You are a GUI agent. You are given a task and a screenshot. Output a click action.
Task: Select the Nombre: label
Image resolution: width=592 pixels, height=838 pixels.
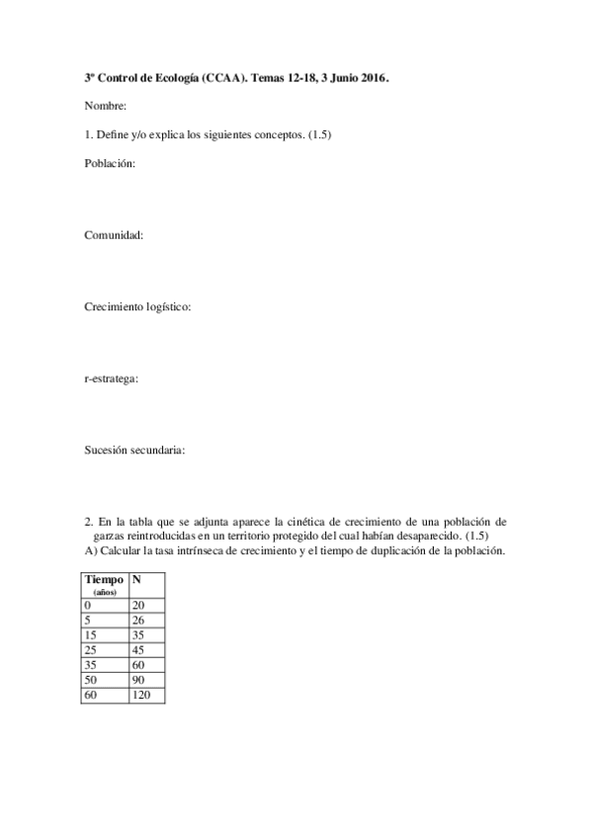click(x=105, y=106)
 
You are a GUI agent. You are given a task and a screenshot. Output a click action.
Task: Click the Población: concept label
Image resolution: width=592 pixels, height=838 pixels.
click(x=110, y=164)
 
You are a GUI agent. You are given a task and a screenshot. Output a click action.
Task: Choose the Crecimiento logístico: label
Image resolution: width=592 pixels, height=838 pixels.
click(x=137, y=307)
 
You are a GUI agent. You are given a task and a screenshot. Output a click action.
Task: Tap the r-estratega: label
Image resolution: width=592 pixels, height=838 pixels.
click(x=112, y=378)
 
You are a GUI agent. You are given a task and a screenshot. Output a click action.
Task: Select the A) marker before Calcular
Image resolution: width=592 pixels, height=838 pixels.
click(x=90, y=550)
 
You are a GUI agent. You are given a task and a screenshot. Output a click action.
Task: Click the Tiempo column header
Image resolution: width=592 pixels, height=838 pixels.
click(x=104, y=580)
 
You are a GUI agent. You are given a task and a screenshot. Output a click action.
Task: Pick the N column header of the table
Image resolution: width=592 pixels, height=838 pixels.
click(x=136, y=580)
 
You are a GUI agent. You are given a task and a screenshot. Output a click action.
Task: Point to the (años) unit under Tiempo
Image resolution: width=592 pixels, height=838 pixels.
click(x=104, y=592)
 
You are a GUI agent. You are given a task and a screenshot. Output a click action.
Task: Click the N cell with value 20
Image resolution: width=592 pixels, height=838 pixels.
click(x=137, y=604)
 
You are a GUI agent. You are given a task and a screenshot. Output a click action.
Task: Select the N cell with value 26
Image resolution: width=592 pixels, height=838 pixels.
click(x=137, y=620)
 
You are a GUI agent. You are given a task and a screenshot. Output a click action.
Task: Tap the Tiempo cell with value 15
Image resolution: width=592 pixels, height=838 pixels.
click(x=91, y=634)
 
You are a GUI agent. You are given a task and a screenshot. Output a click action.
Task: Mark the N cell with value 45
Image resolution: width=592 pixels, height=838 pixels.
click(x=137, y=650)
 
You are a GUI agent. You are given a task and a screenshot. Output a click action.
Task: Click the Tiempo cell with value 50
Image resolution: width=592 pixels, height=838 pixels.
click(x=91, y=681)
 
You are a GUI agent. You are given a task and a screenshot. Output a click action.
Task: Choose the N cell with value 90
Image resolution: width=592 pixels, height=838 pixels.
click(x=137, y=681)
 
